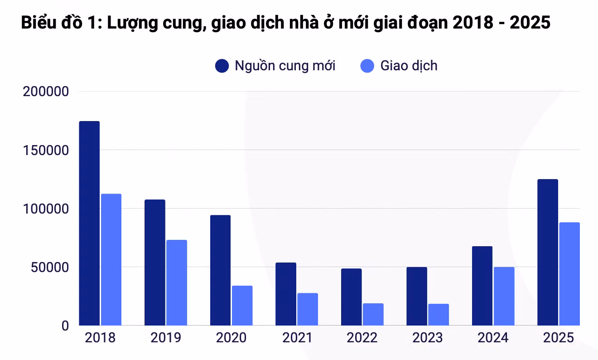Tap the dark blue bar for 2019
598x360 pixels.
tap(154, 262)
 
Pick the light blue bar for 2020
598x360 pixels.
tap(242, 305)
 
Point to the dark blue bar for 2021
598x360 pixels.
tap(286, 294)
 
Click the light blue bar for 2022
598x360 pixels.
tap(373, 314)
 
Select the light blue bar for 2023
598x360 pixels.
tap(439, 314)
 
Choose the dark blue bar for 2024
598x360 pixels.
tap(482, 286)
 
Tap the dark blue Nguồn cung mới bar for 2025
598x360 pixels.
tap(547, 252)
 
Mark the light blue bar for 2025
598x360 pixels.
tap(569, 273)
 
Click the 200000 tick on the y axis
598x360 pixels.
tap(45, 92)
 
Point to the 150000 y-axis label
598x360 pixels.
tap(45, 150)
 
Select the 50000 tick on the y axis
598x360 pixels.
tap(49, 267)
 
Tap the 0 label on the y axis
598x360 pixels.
tap(64, 326)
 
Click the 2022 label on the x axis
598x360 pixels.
tap(362, 338)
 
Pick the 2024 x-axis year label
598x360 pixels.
tap(493, 338)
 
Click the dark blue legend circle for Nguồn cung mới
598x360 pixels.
tap(222, 66)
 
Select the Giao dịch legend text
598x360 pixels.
tap(409, 66)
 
